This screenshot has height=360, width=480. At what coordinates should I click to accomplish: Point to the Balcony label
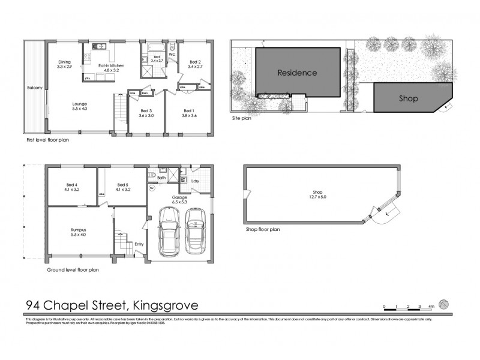35,88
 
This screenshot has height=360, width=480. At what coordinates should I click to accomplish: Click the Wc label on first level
172,55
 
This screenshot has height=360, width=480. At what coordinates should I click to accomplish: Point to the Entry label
139,244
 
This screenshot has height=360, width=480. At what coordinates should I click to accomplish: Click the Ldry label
195,180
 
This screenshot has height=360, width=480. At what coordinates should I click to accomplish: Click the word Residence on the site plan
296,73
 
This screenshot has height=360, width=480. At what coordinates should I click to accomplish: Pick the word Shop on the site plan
408,98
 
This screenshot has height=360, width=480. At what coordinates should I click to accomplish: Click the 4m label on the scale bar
431,306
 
